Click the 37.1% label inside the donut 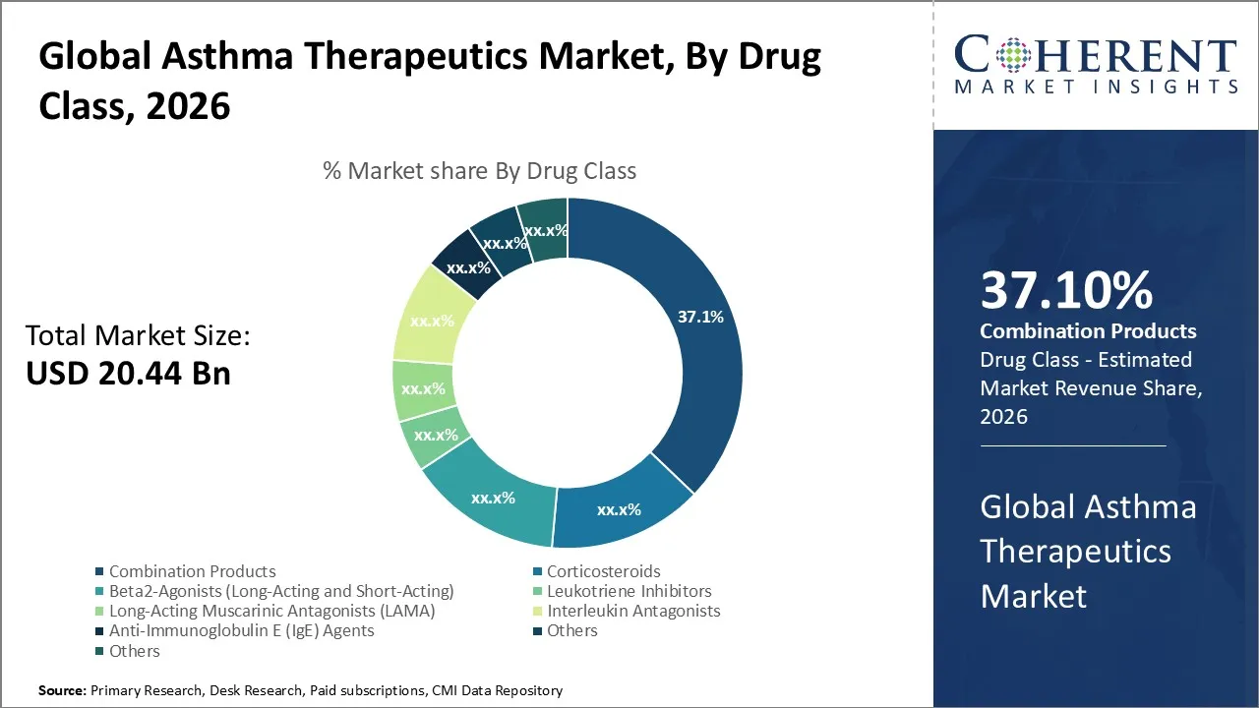coord(700,317)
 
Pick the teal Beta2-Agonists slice coord(492,497)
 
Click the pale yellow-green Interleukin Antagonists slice coord(431,321)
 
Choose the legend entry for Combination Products coord(192,571)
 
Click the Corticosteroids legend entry coord(603,571)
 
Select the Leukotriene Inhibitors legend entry coord(629,591)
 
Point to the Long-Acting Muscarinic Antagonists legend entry coord(271,611)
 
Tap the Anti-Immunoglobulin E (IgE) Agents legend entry coord(241,630)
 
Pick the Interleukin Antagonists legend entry coord(633,611)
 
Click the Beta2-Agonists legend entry coord(281,591)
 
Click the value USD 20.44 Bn coord(128,374)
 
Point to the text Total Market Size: coord(138,336)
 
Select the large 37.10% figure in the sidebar coord(1066,291)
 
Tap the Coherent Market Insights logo coord(1096,63)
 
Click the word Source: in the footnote coord(62,691)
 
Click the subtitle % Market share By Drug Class coord(479,171)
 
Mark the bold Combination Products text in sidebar coord(1088,331)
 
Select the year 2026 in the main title coord(188,105)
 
